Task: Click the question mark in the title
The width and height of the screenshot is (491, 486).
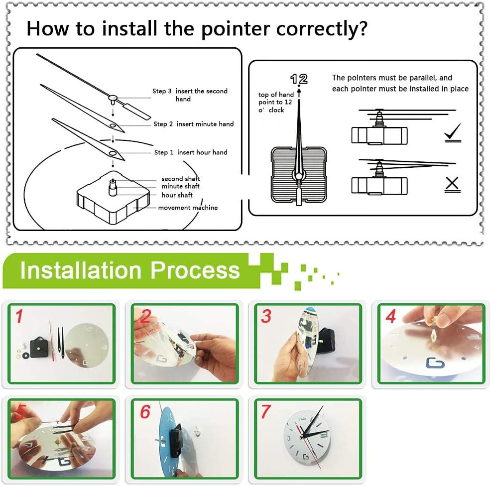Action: pos(362,28)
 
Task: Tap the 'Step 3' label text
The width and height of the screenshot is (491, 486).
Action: pos(162,91)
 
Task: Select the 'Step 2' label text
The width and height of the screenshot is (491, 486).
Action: pos(163,124)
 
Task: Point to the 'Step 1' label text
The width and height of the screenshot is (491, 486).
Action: pos(164,152)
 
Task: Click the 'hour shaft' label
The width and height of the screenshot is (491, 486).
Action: pos(177,195)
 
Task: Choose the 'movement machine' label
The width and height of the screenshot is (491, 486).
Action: pos(188,208)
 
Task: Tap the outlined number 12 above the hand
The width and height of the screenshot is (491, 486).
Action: pos(299,79)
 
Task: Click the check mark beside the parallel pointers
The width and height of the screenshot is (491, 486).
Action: pos(453,131)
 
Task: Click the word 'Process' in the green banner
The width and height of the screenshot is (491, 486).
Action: pos(195,270)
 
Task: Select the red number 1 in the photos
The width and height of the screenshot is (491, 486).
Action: pos(19,316)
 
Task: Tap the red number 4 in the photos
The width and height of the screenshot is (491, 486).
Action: pos(391,316)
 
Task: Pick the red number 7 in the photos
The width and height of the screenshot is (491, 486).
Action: pos(265,412)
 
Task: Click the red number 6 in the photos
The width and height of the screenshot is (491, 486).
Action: pos(145,412)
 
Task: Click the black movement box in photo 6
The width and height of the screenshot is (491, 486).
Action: pos(176,437)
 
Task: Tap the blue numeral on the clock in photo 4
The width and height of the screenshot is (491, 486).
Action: pos(435,363)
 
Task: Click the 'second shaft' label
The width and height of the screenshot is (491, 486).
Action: pos(181,179)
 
